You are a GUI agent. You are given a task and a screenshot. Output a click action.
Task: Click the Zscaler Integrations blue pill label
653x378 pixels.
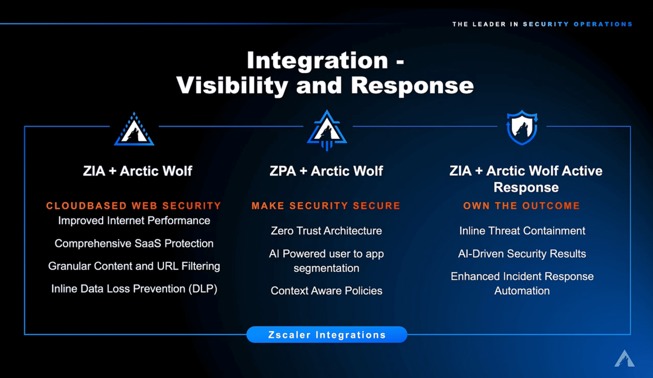tap(326, 335)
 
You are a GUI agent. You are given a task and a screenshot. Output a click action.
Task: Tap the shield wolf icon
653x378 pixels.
tap(522, 127)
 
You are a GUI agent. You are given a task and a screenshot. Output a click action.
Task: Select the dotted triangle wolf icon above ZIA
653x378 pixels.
tap(134, 129)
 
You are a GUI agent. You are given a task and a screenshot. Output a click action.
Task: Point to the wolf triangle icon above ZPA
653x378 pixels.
tap(327, 130)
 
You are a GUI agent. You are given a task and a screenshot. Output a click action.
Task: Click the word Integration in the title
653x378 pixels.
tap(317, 60)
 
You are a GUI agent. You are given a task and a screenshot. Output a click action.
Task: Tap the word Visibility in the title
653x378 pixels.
tap(232, 86)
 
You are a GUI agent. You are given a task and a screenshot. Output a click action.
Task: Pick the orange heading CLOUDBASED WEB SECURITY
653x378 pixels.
tap(134, 206)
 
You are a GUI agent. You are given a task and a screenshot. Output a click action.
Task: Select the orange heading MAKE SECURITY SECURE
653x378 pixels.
tap(326, 206)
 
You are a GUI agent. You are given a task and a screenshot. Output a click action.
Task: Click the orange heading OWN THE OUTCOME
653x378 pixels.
tap(521, 206)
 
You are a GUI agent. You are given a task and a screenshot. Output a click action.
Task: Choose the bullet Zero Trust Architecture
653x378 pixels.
tap(326, 231)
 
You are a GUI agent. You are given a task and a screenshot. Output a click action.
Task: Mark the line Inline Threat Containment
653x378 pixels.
tap(522, 231)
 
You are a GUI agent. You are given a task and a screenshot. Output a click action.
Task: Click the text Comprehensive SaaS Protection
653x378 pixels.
tap(134, 244)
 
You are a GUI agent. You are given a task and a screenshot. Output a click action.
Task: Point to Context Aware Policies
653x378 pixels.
tap(326, 291)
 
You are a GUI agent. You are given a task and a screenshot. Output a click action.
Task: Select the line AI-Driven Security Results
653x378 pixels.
tap(522, 254)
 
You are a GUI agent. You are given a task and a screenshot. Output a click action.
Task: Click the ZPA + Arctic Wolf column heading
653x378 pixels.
tap(326, 171)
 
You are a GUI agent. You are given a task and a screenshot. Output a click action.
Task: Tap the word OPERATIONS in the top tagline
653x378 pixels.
tap(603, 24)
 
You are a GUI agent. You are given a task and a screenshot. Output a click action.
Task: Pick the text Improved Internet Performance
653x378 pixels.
tap(134, 221)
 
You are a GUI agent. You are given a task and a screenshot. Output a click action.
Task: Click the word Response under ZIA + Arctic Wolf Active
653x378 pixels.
tap(526, 187)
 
